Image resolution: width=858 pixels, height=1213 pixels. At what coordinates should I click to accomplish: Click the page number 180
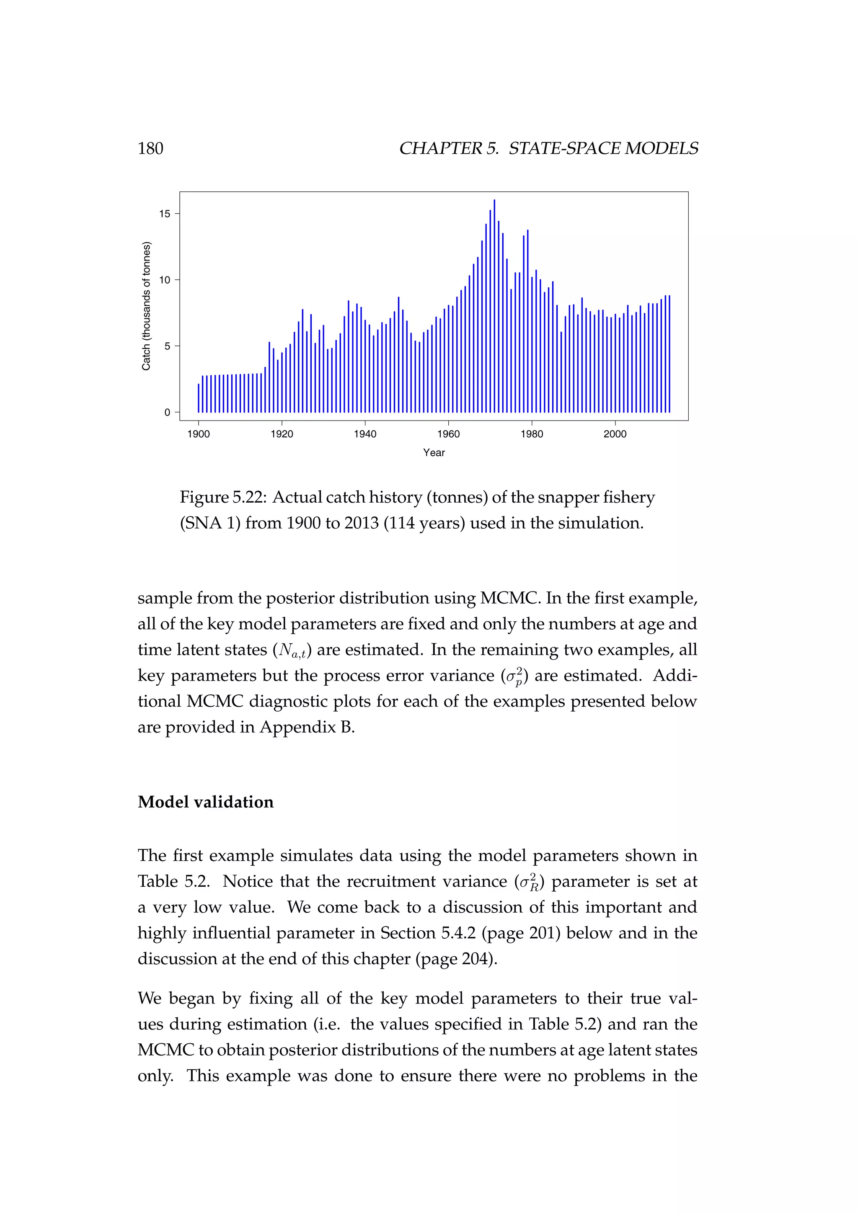(150, 148)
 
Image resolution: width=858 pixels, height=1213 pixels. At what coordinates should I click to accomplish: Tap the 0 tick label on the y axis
(168, 413)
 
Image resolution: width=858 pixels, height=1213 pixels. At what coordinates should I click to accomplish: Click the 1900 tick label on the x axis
(199, 434)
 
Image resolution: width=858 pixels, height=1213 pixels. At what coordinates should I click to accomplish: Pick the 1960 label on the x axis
(449, 434)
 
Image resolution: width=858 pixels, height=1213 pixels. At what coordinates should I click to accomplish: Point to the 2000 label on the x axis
(615, 434)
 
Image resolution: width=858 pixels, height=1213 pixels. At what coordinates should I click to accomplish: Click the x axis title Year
(434, 453)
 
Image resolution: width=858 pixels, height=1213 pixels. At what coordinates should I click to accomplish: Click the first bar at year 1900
(199, 398)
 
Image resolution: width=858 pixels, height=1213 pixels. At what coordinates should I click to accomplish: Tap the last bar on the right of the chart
(669, 354)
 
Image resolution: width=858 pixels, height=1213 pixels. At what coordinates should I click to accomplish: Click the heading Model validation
(206, 802)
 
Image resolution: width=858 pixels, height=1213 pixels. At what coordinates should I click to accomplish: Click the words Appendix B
(306, 728)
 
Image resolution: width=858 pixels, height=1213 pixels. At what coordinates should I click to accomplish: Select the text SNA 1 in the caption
(211, 524)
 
